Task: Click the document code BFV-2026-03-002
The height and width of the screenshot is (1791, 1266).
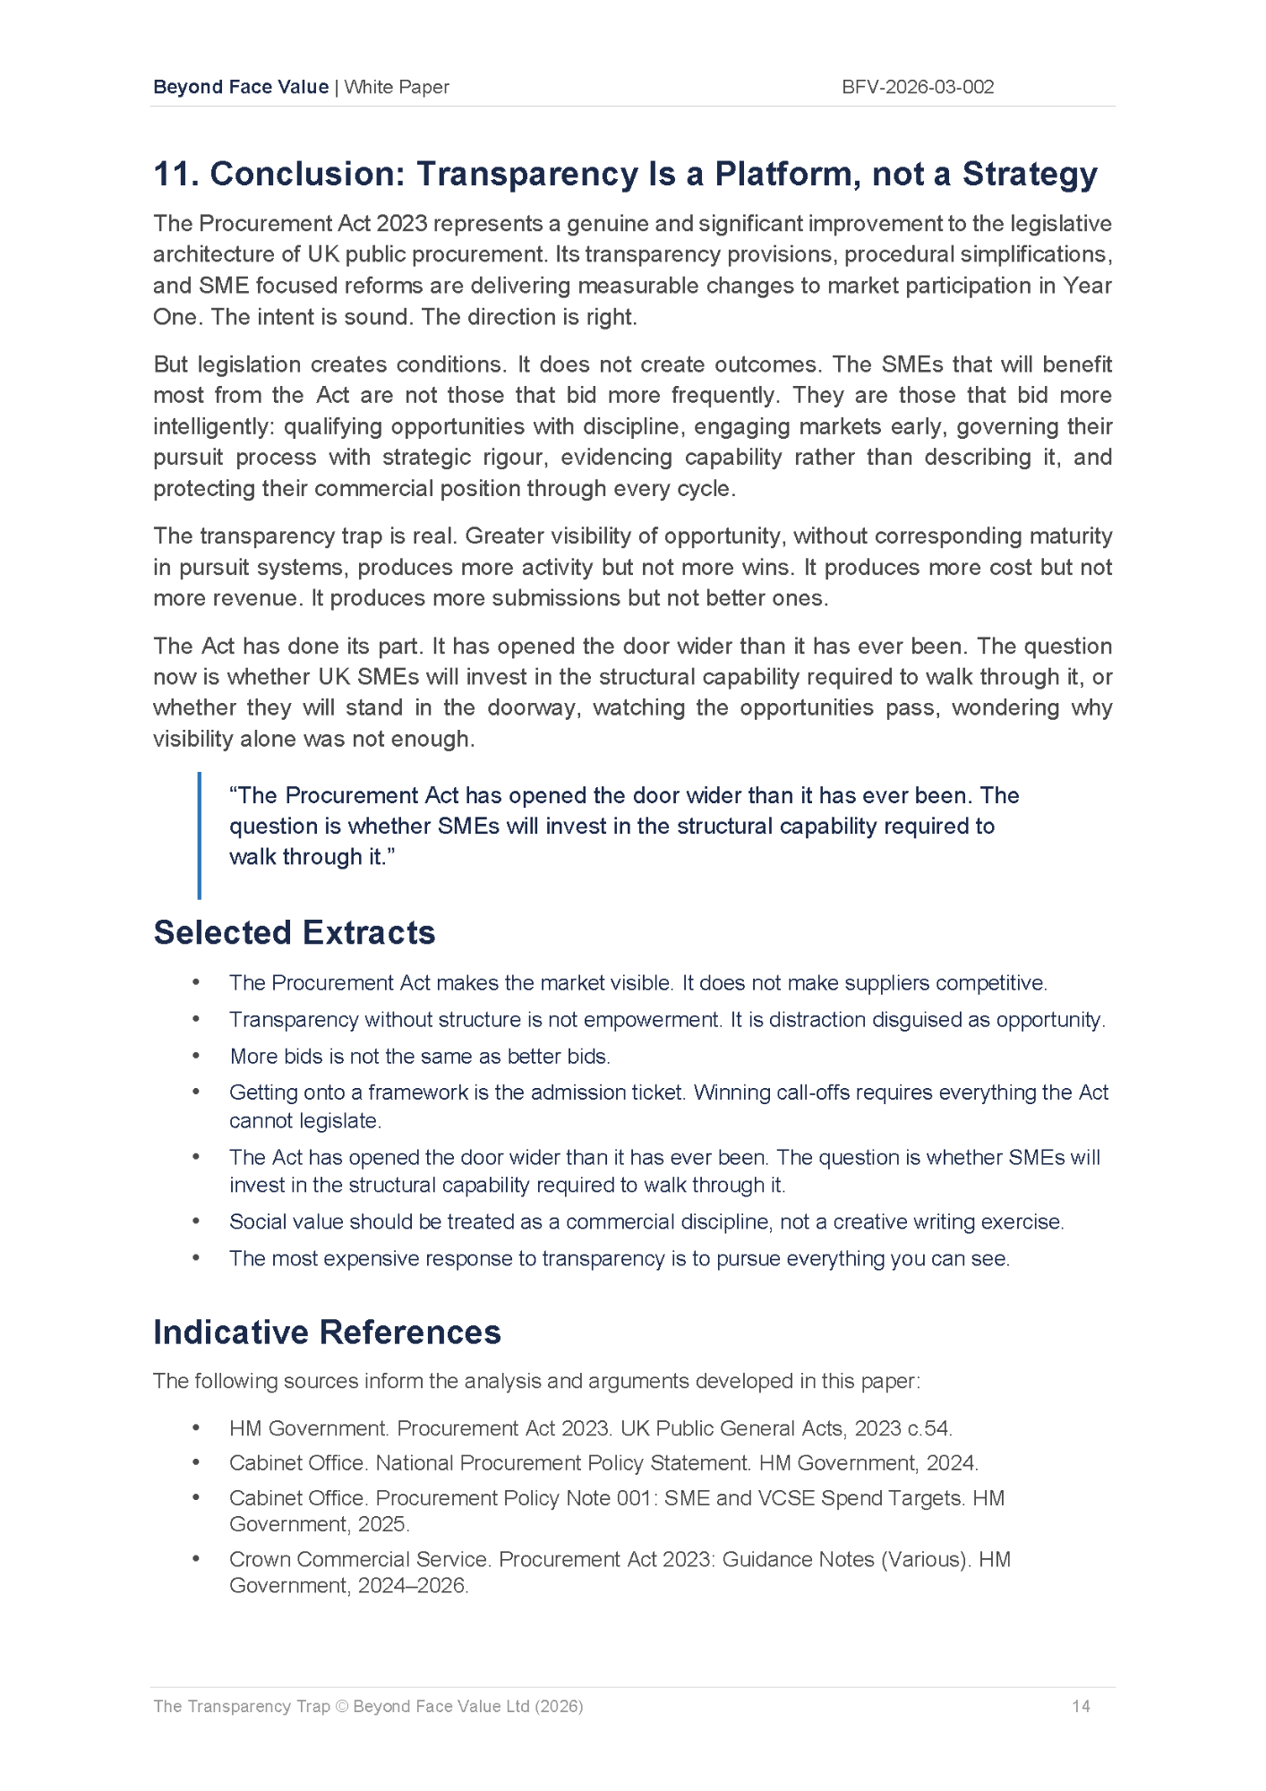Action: pyautogui.click(x=918, y=87)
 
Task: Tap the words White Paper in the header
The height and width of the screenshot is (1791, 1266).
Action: pyautogui.click(x=397, y=87)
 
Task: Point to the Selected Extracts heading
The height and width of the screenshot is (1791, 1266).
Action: pyautogui.click(x=294, y=932)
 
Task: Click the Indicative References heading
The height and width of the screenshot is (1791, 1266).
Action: pyautogui.click(x=327, y=1332)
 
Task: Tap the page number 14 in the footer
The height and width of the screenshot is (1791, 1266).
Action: pyautogui.click(x=1081, y=1706)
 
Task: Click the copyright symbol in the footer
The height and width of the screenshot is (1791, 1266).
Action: pyautogui.click(x=341, y=1706)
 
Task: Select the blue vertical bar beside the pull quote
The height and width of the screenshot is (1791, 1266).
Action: pyautogui.click(x=199, y=835)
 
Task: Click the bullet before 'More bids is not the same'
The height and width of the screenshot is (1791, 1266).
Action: pyautogui.click(x=195, y=1056)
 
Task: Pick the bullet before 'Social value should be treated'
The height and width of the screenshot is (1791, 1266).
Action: pyautogui.click(x=195, y=1221)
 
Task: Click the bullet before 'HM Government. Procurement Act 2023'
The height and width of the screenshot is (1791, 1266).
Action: pyautogui.click(x=195, y=1428)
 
